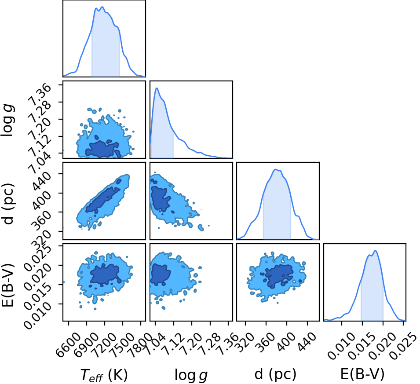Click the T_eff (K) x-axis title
coord(104,375)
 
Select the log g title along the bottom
coord(191,375)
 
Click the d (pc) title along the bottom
coord(275,374)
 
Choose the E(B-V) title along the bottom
coord(362,374)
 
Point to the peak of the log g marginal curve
coord(157,88)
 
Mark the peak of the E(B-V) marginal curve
coord(375,251)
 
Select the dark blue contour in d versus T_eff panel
coord(102,200)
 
